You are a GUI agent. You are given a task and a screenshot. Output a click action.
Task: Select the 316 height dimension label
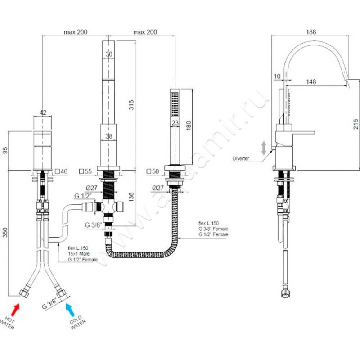[x=131, y=105]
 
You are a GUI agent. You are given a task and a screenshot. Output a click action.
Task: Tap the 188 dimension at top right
[x=311, y=32]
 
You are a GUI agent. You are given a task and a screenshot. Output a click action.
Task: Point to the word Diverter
[x=241, y=158]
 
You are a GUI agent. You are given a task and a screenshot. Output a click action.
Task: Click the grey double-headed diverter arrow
[x=264, y=148]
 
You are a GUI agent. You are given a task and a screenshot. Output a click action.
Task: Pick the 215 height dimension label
[x=355, y=124]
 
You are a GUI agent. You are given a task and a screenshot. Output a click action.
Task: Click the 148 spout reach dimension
[x=311, y=81]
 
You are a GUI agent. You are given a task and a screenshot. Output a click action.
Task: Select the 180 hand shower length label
[x=188, y=126]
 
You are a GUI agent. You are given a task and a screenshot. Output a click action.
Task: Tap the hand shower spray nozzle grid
[x=175, y=104]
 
